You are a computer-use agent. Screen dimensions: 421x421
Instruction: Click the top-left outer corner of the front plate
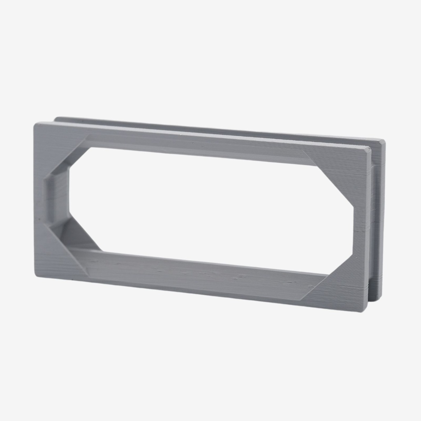(x=35, y=123)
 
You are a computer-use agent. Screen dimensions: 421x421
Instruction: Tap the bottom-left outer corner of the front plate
(x=36, y=275)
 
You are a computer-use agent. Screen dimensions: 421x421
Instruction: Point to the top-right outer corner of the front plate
(x=370, y=148)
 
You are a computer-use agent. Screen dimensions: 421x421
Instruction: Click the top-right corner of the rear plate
(x=384, y=141)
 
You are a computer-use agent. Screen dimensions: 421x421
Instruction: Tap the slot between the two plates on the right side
(x=372, y=226)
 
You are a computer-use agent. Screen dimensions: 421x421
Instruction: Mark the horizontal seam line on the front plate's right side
(x=362, y=232)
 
